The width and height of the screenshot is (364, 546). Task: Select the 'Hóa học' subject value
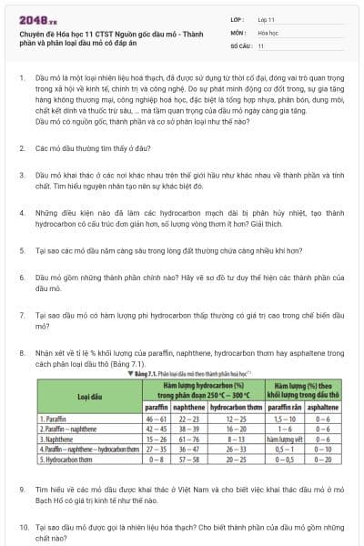coord(268,31)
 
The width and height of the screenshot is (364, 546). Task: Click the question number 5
coord(22,248)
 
